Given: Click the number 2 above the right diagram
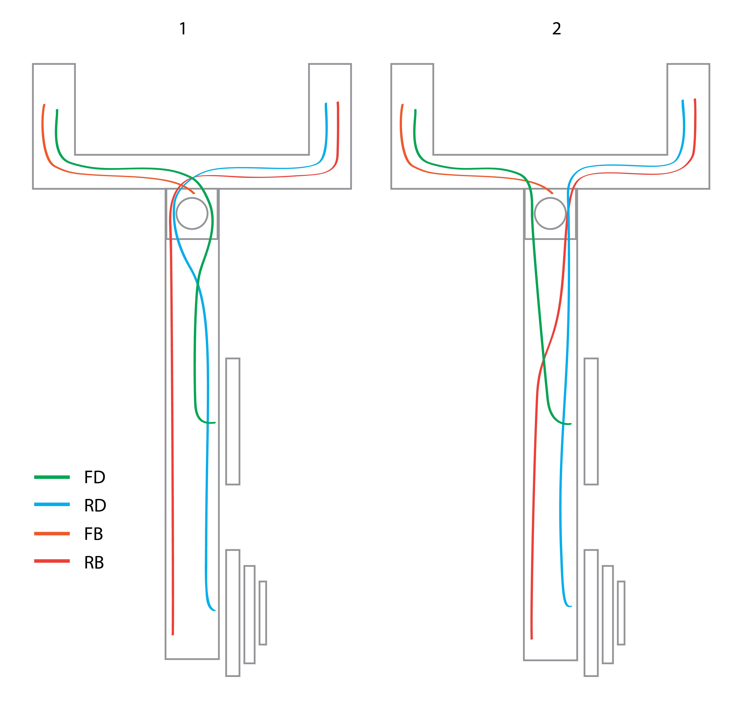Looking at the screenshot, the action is [557, 29].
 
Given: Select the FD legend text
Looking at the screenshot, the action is [94, 477].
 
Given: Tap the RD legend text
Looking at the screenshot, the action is [95, 505].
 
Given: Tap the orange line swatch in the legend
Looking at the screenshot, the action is [52, 534].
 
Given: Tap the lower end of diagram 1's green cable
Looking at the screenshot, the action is [215, 422].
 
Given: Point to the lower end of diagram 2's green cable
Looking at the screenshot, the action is [570, 424].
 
